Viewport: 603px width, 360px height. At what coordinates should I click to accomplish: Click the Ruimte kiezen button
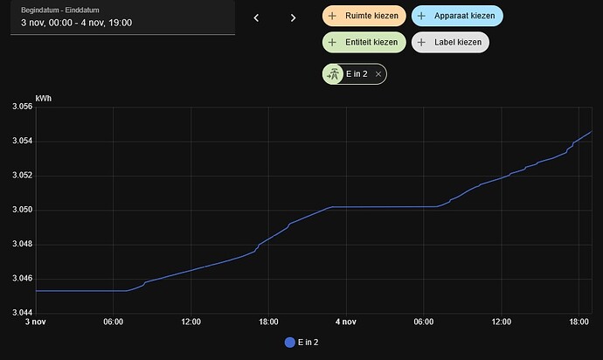click(364, 16)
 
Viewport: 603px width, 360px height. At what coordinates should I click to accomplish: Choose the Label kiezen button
click(450, 41)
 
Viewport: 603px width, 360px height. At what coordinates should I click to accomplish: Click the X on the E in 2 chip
click(378, 75)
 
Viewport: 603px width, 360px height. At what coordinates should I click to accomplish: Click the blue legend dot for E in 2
click(290, 343)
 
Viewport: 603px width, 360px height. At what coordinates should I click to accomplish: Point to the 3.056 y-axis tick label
click(21, 107)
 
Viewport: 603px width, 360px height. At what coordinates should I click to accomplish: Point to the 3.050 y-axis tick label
click(21, 210)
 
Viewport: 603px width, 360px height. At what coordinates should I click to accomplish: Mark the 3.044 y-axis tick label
click(21, 313)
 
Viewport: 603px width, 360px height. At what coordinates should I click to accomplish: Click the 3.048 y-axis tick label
click(21, 244)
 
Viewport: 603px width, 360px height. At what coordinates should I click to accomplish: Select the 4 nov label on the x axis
click(345, 322)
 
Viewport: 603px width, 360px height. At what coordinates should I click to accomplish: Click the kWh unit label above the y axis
click(44, 98)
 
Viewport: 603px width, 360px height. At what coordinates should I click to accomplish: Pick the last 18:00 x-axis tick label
click(579, 322)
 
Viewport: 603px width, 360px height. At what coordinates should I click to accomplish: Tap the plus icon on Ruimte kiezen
click(332, 16)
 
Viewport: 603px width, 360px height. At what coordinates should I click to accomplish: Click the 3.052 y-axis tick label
click(21, 176)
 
